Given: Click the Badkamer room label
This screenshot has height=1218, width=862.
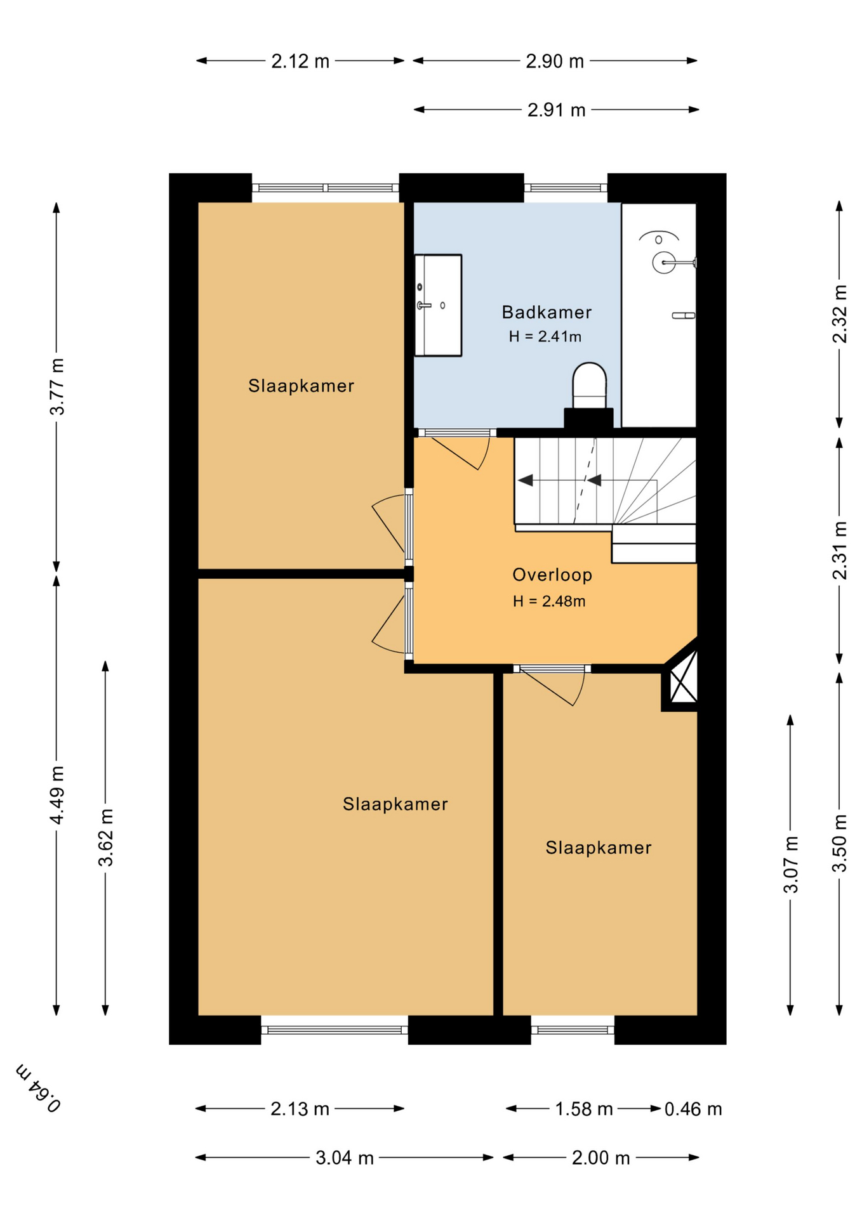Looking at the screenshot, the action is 546,312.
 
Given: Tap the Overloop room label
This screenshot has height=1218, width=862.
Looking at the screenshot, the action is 552,575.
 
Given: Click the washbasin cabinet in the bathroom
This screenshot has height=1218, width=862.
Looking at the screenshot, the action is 438,305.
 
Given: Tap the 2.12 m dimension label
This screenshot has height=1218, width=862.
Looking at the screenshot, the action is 300,62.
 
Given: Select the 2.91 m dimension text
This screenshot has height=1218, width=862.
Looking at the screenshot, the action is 556,110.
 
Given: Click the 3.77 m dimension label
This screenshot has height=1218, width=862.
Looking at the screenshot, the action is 57,386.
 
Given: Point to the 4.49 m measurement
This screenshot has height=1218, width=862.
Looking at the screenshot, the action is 57,795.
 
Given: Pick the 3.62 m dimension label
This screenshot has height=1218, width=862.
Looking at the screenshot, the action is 105,837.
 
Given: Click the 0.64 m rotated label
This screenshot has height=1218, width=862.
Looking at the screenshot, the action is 39,1089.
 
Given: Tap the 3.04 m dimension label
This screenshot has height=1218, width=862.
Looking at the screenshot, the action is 344,1158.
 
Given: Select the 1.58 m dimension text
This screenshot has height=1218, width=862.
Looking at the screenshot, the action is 584,1109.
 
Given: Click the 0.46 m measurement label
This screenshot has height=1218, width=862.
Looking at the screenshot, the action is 693,1109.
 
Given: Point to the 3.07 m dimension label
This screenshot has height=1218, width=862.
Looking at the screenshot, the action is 790,864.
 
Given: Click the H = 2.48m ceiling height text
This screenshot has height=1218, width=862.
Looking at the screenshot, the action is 549,601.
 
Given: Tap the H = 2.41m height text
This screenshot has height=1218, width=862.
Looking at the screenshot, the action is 545,337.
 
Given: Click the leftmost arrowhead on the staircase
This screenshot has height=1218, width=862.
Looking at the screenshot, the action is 525,480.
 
